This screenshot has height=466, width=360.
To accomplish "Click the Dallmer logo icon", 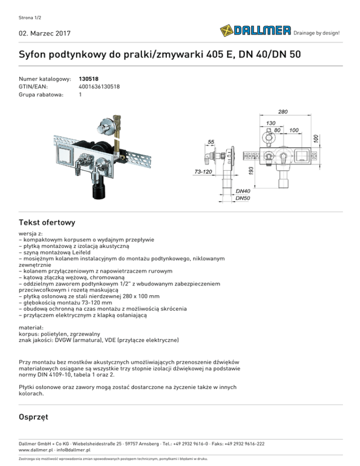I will tap(226, 31).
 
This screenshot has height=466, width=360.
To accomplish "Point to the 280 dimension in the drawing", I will tap(283, 112).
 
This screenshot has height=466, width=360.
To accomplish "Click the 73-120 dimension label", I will tap(203, 172).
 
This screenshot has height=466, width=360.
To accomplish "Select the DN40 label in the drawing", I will tap(243, 191).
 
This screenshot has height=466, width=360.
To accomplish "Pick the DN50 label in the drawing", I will tap(243, 198).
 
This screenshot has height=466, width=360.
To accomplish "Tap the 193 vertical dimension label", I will tap(251, 170).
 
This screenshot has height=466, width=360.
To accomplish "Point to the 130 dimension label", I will tap(271, 123).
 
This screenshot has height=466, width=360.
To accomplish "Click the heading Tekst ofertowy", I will tap(47, 222).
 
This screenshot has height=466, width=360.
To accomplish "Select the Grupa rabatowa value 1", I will tap(81, 94).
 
